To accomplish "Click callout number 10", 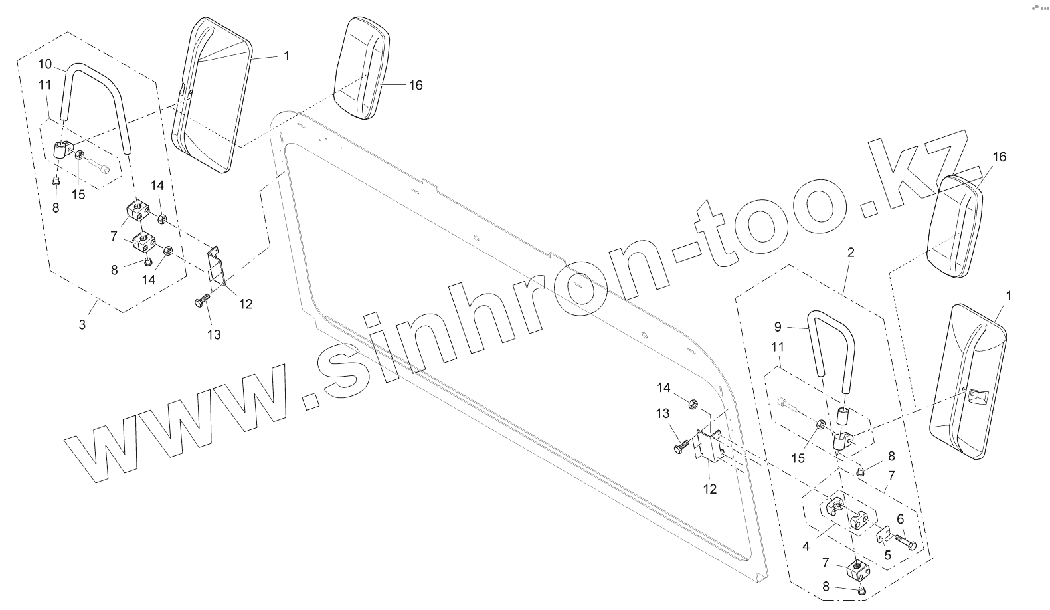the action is point(44,64).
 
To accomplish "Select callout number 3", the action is point(82,324).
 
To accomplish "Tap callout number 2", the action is point(851,253).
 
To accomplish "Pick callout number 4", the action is point(806,547).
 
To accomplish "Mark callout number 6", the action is point(901,519).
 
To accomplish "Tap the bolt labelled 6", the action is point(905,540).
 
